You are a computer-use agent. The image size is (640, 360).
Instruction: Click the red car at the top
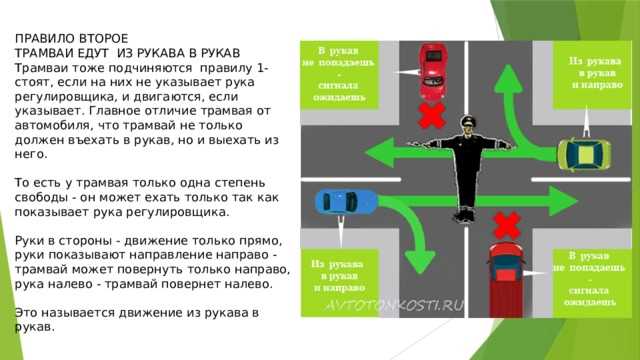click(x=432, y=67)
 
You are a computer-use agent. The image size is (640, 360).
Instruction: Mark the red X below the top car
click(x=431, y=118)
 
